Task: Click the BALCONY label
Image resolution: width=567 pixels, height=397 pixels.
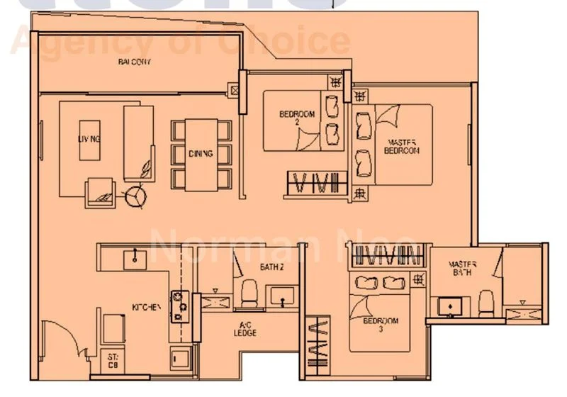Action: click(x=135, y=62)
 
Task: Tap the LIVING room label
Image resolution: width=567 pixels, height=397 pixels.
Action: click(x=89, y=139)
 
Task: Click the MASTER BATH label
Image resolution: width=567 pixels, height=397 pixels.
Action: click(x=461, y=269)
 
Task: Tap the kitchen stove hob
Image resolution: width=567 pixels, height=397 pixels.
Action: click(x=179, y=306)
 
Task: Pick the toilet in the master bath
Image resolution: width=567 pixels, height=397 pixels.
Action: click(x=485, y=302)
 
